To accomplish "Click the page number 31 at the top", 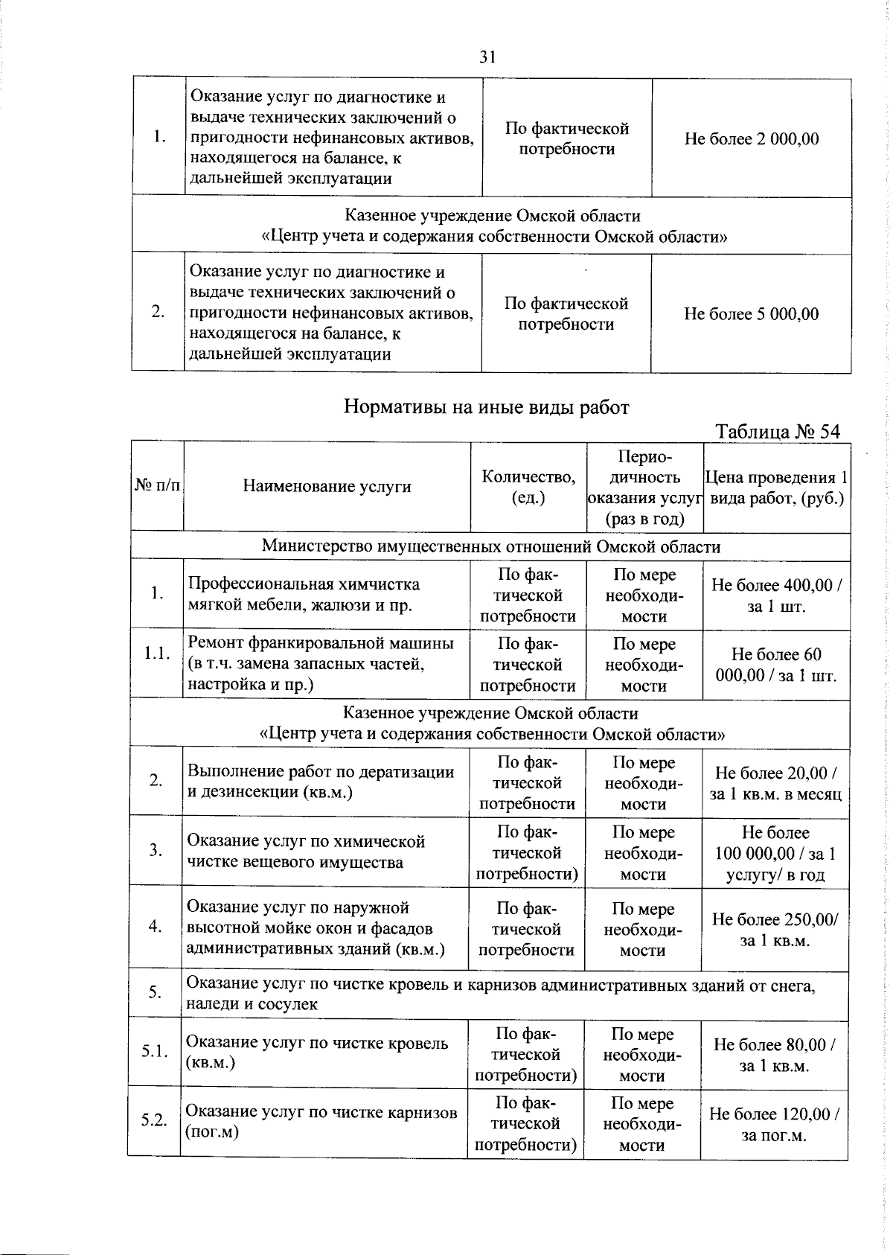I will [x=487, y=57].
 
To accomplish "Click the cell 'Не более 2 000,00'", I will [x=751, y=139].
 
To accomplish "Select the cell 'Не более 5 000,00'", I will [x=751, y=314].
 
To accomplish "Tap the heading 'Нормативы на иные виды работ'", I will [x=487, y=407].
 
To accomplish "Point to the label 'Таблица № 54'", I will [x=777, y=432].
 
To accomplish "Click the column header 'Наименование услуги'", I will [x=327, y=487].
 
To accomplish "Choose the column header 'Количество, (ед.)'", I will [x=528, y=487].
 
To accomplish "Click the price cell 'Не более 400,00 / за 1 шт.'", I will [x=776, y=595].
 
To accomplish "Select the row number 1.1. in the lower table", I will [x=158, y=654].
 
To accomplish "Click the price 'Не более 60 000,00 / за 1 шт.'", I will [x=776, y=665].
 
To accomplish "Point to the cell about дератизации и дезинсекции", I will [x=321, y=782].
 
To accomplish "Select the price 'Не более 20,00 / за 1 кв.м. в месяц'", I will [x=775, y=783].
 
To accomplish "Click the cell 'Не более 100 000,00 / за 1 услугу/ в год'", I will [x=775, y=853].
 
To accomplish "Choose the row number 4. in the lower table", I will [x=156, y=927].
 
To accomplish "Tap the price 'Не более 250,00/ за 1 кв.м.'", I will [x=775, y=930].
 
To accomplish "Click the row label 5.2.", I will [x=154, y=1121].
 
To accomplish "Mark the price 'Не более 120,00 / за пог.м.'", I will [x=774, y=1124].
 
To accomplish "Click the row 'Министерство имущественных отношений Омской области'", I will [x=491, y=546].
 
